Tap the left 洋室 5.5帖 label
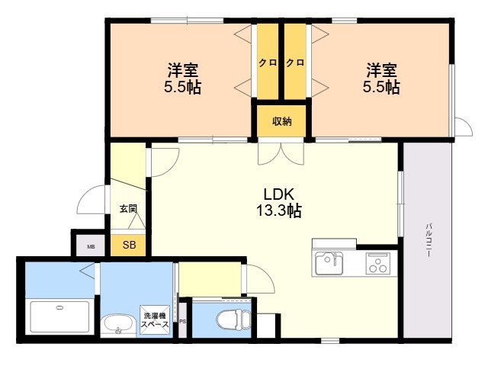tap(182, 79)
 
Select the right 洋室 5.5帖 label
tap(381, 79)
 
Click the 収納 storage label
tap(281, 120)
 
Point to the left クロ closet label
tap(267, 63)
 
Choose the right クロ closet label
tap(295, 63)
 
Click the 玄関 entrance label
tap(127, 208)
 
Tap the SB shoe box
tap(130, 246)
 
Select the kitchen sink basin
tap(329, 264)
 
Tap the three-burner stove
tap(377, 264)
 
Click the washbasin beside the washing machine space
tap(118, 324)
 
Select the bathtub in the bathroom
tap(59, 317)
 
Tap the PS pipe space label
tap(182, 321)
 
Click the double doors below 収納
tap(281, 152)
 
